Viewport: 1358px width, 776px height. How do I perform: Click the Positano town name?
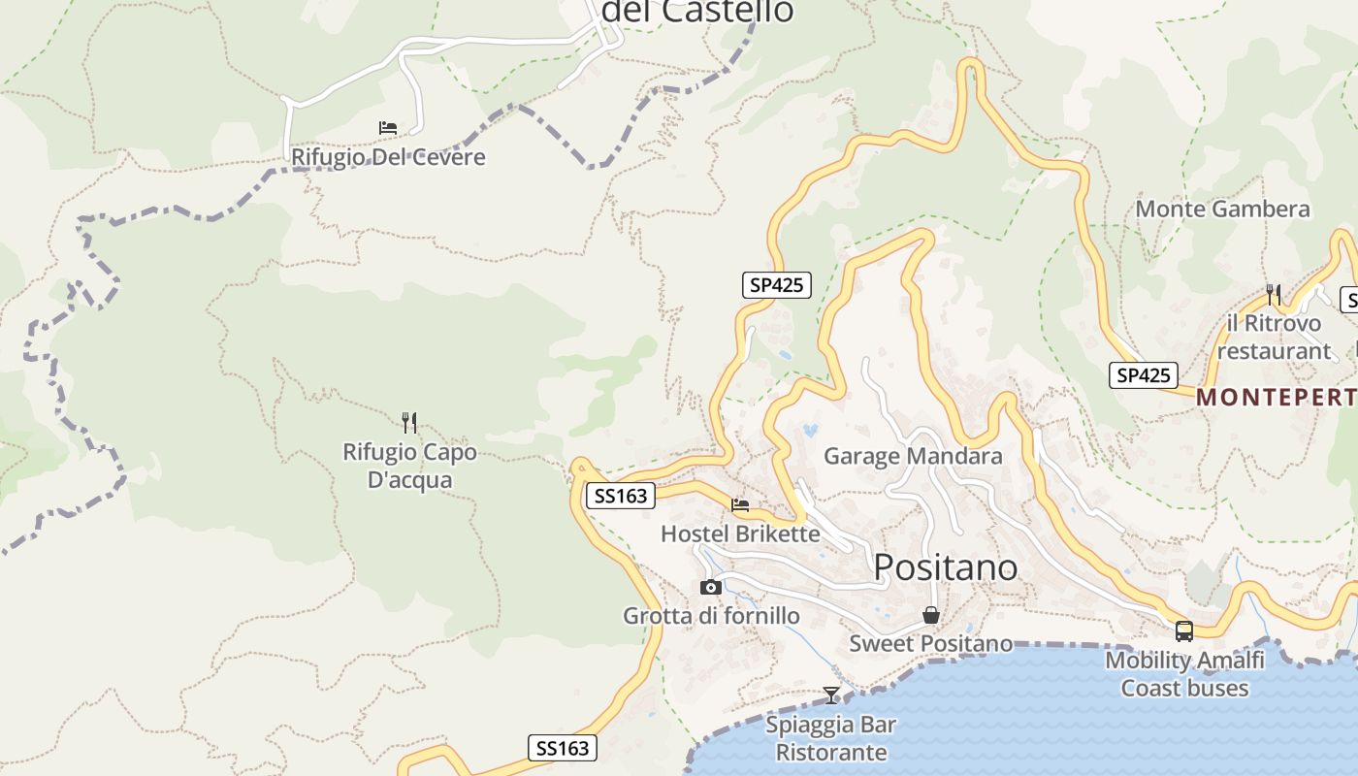click(x=946, y=567)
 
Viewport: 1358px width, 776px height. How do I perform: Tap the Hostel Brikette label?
click(x=740, y=533)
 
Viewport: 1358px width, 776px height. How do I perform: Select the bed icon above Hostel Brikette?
click(x=740, y=504)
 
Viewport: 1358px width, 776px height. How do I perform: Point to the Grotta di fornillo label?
click(x=711, y=616)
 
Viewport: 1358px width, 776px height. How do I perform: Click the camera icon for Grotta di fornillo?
click(x=711, y=587)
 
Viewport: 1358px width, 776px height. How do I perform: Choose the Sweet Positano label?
click(x=930, y=643)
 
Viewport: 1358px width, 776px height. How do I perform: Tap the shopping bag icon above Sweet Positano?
click(x=930, y=615)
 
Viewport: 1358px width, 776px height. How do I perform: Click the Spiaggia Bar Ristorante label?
click(x=831, y=738)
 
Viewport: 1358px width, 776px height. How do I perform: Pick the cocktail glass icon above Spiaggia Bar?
click(x=831, y=695)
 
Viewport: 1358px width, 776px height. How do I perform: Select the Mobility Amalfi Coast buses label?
click(x=1184, y=674)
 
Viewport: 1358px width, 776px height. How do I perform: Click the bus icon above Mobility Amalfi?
click(x=1184, y=631)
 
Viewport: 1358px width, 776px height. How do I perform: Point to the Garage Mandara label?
click(x=913, y=456)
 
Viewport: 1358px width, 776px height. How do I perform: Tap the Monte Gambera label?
click(x=1222, y=209)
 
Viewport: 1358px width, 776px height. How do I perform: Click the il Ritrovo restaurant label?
click(x=1274, y=337)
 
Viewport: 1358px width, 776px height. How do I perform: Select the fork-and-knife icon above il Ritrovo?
click(x=1274, y=294)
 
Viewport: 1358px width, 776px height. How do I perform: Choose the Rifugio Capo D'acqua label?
click(x=409, y=466)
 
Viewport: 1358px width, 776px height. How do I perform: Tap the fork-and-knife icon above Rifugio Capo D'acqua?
click(x=409, y=422)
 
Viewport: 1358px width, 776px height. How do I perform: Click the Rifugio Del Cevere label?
click(x=388, y=157)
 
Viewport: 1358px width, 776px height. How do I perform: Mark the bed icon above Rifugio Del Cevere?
click(x=388, y=127)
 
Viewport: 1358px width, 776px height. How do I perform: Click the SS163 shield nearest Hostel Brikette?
click(x=621, y=496)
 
